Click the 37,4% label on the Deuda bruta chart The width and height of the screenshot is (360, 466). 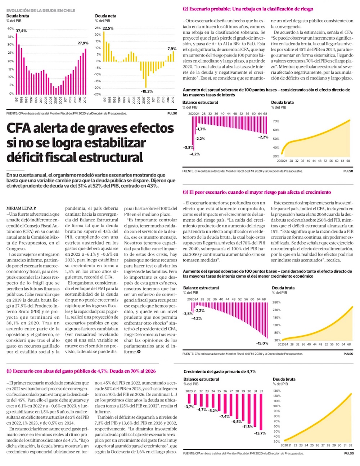tap(21, 31)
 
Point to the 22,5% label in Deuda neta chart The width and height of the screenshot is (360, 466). tap(108, 28)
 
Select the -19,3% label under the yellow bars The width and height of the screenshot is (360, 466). tap(147, 91)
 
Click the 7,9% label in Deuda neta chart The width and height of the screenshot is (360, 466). tap(172, 48)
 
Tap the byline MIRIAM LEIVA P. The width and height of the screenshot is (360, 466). tap(22, 208)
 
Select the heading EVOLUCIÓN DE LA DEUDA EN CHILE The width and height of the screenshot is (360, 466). tap(41, 10)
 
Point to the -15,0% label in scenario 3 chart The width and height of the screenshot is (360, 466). tap(262, 343)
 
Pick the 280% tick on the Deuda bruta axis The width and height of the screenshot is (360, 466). tap(276, 303)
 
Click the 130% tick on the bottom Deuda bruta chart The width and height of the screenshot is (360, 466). tap(276, 391)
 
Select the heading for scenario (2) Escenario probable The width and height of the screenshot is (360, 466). tap(248, 9)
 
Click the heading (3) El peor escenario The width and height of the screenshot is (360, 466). tap(257, 192)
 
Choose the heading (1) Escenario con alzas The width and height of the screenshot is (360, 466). tap(81, 371)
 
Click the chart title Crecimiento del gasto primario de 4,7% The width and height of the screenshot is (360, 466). tap(220, 371)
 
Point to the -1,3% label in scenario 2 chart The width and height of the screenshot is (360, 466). tap(201, 129)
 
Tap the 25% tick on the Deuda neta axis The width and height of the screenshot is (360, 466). tap(98, 28)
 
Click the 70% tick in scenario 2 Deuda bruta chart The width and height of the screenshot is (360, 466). tap(276, 121)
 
